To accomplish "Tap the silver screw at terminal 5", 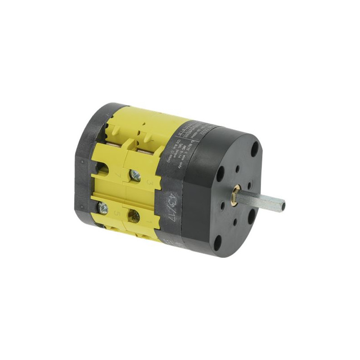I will click(103, 208).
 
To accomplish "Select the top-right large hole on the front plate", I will click(255, 148).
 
